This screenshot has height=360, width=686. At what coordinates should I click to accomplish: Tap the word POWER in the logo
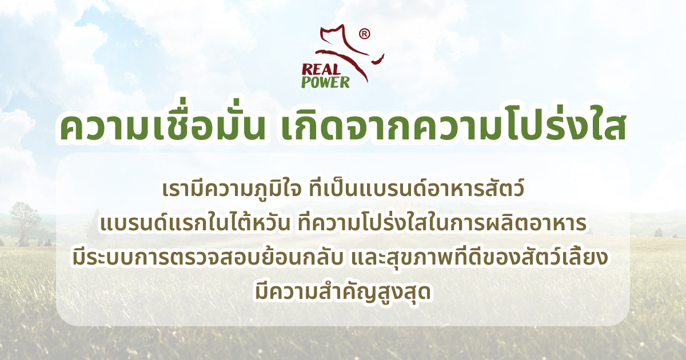(325, 82)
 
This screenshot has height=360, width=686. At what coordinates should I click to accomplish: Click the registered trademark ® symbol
(364, 34)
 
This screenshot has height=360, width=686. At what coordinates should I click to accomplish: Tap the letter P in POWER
(306, 82)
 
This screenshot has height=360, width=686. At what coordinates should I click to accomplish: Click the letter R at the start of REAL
(306, 69)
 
